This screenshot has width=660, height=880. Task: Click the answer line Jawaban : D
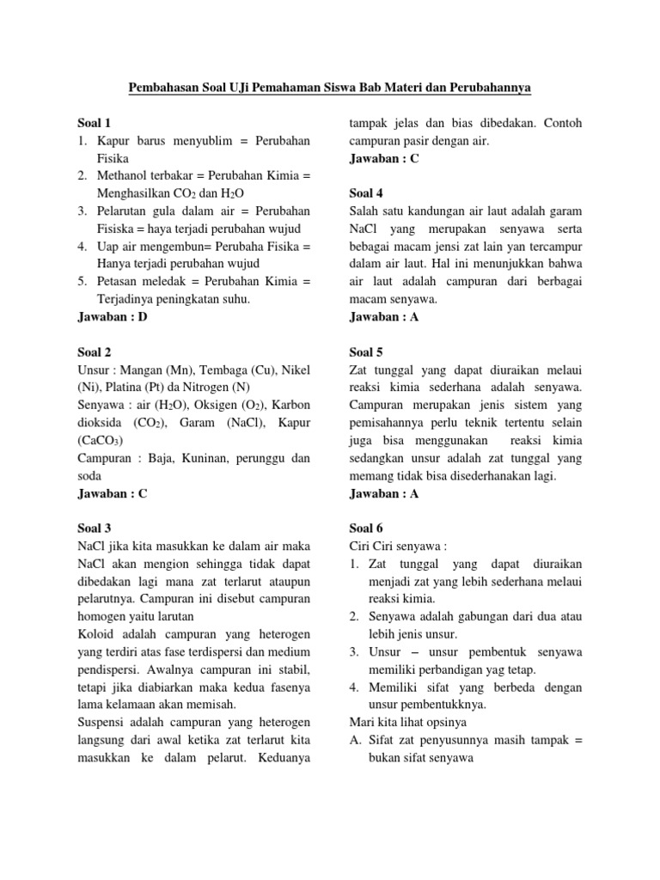[x=113, y=317]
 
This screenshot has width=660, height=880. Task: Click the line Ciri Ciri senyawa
[x=398, y=546]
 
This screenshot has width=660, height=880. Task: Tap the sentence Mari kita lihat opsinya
[x=415, y=722]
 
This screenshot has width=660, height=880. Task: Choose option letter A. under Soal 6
[x=356, y=740]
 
